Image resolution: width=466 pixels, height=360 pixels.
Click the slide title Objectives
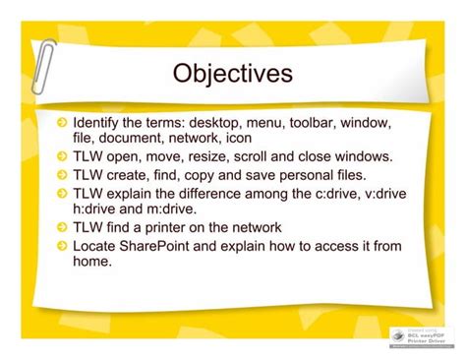pos(232,74)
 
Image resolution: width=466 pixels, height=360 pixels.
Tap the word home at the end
pos(92,260)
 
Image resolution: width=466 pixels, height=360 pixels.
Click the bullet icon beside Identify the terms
pos(62,124)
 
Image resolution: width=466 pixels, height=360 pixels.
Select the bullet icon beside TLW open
pos(62,156)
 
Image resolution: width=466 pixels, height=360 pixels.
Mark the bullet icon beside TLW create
pos(62,174)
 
